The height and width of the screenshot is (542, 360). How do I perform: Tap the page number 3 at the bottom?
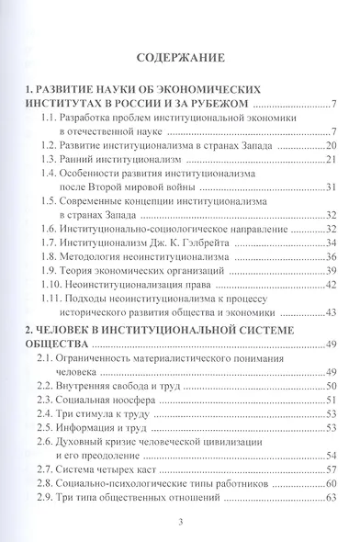(180, 523)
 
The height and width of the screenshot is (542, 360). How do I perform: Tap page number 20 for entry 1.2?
(332, 146)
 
